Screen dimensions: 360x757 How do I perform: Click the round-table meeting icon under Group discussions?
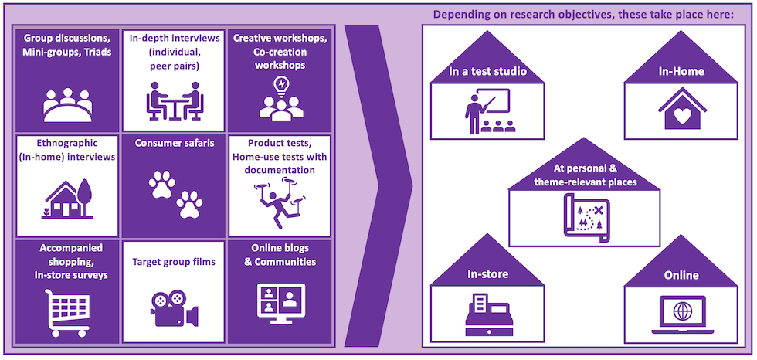(68, 104)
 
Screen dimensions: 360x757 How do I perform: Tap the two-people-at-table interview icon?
(174, 104)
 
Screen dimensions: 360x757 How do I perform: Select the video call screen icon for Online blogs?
(280, 304)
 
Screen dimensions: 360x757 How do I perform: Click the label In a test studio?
(488, 73)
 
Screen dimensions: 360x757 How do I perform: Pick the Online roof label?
(681, 275)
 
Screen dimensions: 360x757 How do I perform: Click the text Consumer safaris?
(174, 143)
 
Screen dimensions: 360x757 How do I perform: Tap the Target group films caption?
(174, 262)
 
